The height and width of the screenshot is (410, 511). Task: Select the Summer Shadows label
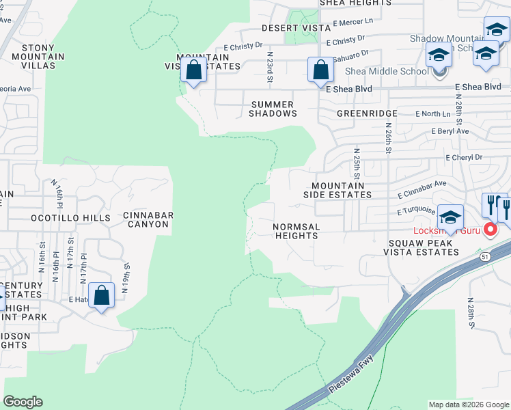coord(272,109)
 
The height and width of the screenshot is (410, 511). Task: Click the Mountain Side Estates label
coord(337,190)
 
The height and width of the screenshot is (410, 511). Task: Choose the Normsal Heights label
coord(296,231)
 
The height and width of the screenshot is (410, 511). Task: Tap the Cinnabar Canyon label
coord(148,221)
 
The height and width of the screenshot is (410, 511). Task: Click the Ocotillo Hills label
coord(70,218)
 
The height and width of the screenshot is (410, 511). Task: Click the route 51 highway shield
coord(484,256)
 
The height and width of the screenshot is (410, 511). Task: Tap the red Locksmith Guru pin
coord(490,230)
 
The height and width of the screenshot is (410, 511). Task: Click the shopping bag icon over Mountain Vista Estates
coord(194,70)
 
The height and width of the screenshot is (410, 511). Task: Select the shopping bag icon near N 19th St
coord(102,296)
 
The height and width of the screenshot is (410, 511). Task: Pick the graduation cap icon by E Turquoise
coord(450,217)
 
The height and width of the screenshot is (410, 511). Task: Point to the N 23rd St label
coord(270,66)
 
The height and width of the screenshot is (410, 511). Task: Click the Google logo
coord(23,402)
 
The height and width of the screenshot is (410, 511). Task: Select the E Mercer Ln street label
coord(353,23)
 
